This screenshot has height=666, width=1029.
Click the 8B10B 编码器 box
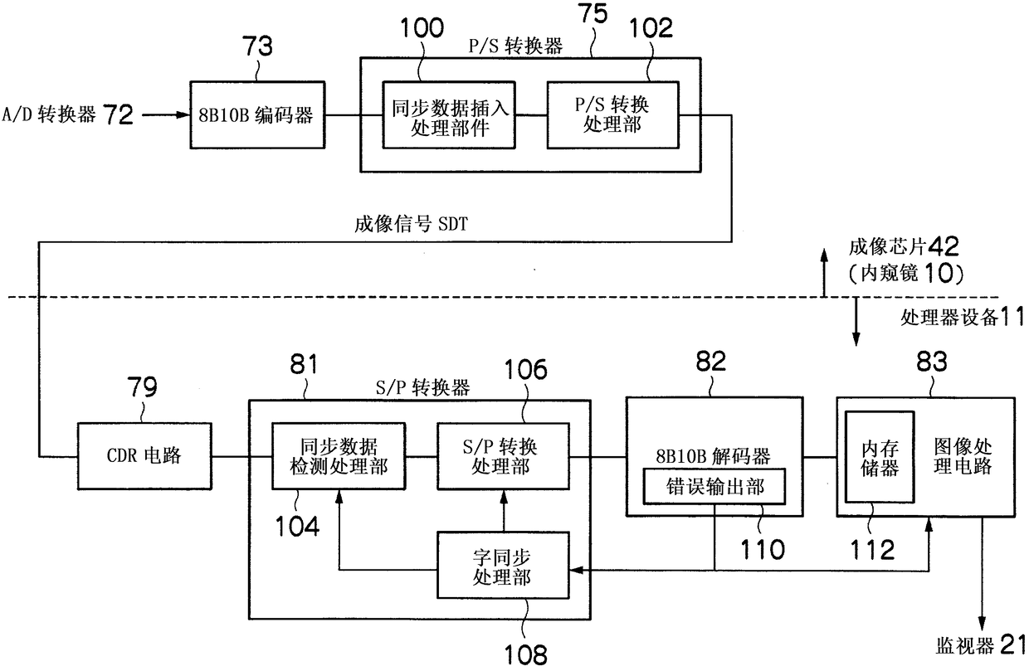coord(258,114)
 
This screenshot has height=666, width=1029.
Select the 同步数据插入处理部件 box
coord(449,114)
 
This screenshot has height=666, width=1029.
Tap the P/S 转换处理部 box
coord(612,114)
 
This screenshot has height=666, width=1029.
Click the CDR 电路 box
coord(144,456)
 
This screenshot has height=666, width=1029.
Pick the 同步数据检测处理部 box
coord(339,456)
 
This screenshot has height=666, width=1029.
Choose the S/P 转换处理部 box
coord(503,456)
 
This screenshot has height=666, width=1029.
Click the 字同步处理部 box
coord(503,565)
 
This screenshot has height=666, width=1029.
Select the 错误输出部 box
coord(714,487)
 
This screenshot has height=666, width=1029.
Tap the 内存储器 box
coord(880,457)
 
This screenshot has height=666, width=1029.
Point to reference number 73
coord(257,46)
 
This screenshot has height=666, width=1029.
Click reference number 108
coord(526,654)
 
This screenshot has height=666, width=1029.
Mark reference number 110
coord(763,549)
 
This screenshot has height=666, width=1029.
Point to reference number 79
coord(142,387)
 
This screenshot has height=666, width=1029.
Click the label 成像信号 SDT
coord(411,225)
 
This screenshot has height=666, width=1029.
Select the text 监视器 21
coord(980,645)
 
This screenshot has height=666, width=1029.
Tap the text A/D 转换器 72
coord(68,114)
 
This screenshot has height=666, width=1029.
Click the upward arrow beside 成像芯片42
coord(825,273)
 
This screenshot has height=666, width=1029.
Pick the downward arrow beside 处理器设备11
coord(856,322)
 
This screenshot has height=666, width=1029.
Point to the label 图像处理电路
coord(963,456)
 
